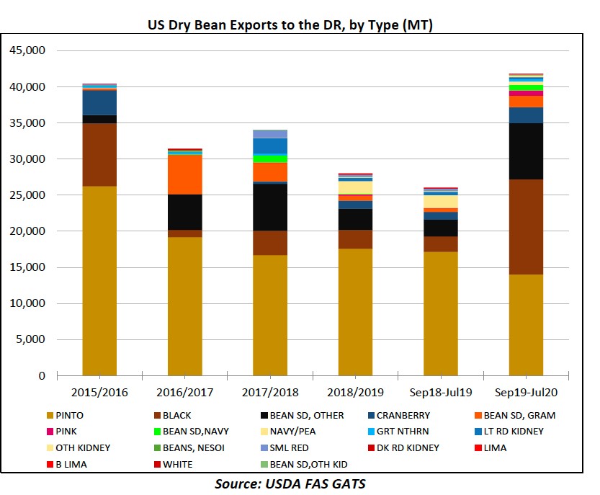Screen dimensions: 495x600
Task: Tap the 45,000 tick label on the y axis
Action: click(26, 51)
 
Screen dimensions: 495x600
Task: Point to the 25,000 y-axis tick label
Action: click(26, 195)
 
